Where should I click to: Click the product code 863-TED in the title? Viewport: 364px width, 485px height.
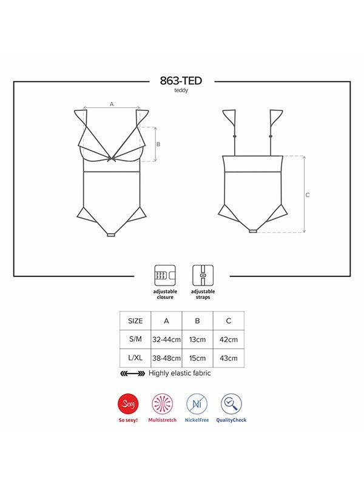point(181,81)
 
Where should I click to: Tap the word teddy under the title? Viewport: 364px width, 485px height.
point(181,90)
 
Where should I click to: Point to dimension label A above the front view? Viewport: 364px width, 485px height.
point(112,104)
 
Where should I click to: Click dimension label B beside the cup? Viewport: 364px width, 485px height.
point(158,144)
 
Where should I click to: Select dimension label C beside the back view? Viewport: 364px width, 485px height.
point(308,195)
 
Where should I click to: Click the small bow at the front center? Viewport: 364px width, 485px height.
point(111,159)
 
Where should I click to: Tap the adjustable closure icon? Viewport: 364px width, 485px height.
point(165,275)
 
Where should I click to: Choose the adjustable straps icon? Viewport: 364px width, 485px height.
point(203,275)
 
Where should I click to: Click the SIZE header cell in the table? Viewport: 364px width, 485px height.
point(135,321)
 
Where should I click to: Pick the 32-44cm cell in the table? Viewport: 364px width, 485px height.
point(166,339)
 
